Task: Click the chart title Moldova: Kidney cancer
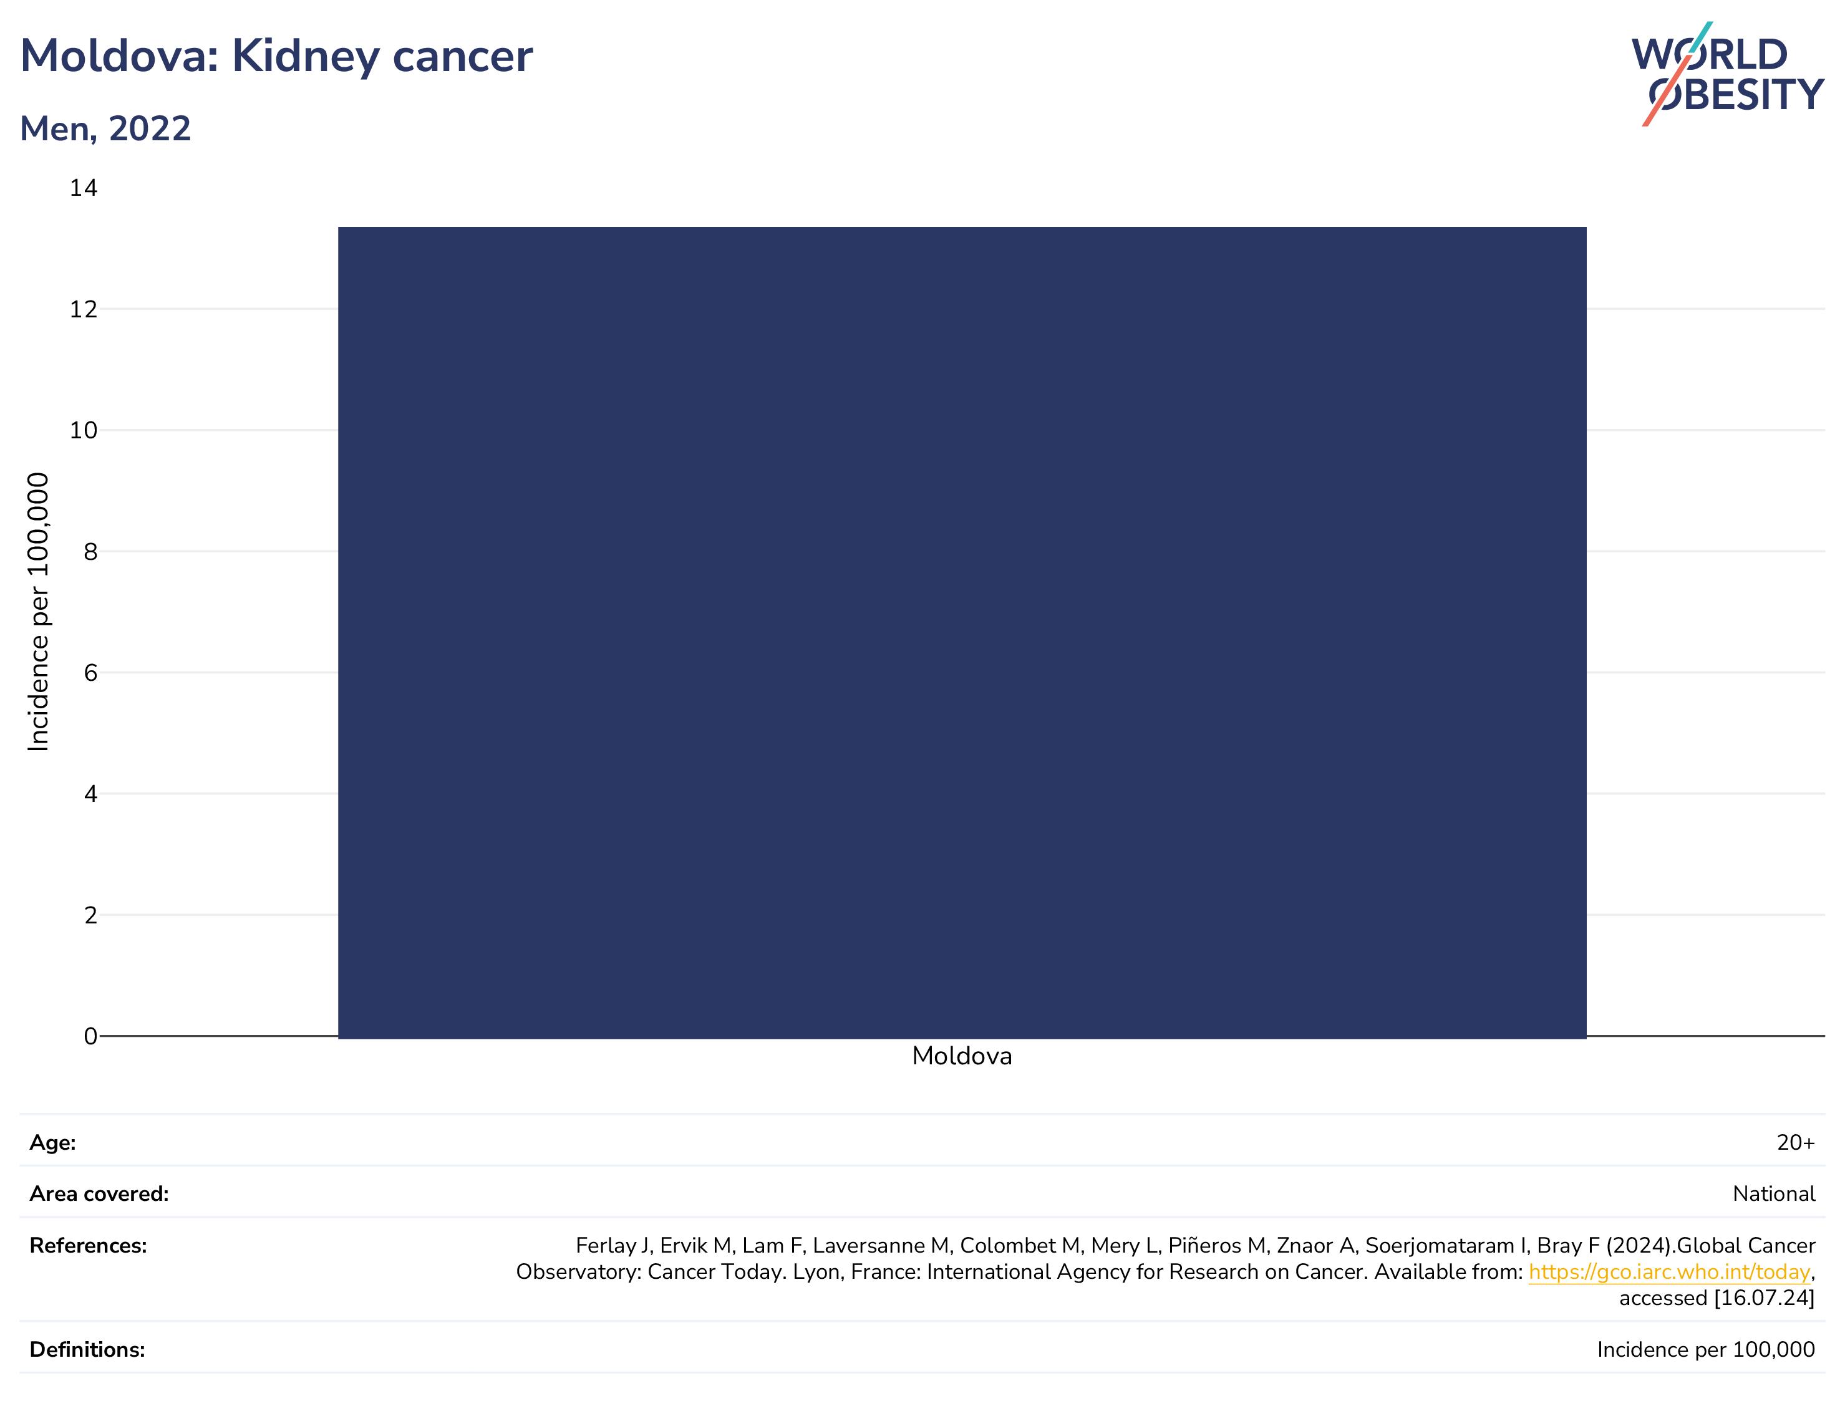pos(276,57)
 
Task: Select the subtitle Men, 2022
pos(105,129)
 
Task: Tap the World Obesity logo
pos(1727,74)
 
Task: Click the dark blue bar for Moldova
pos(962,633)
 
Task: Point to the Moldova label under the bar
pos(962,1056)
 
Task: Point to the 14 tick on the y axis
pos(84,188)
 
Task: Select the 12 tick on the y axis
pos(84,310)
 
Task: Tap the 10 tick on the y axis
pos(84,430)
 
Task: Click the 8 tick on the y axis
pos(90,552)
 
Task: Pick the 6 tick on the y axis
pos(90,673)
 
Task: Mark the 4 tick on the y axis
pos(90,793)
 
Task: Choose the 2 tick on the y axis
pos(90,915)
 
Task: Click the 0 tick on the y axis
pos(90,1036)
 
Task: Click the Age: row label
pos(53,1144)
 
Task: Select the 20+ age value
pos(1796,1144)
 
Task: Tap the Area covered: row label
pos(99,1194)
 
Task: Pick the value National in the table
pos(1774,1194)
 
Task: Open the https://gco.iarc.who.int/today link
pos(1669,1272)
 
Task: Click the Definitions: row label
pos(87,1350)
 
